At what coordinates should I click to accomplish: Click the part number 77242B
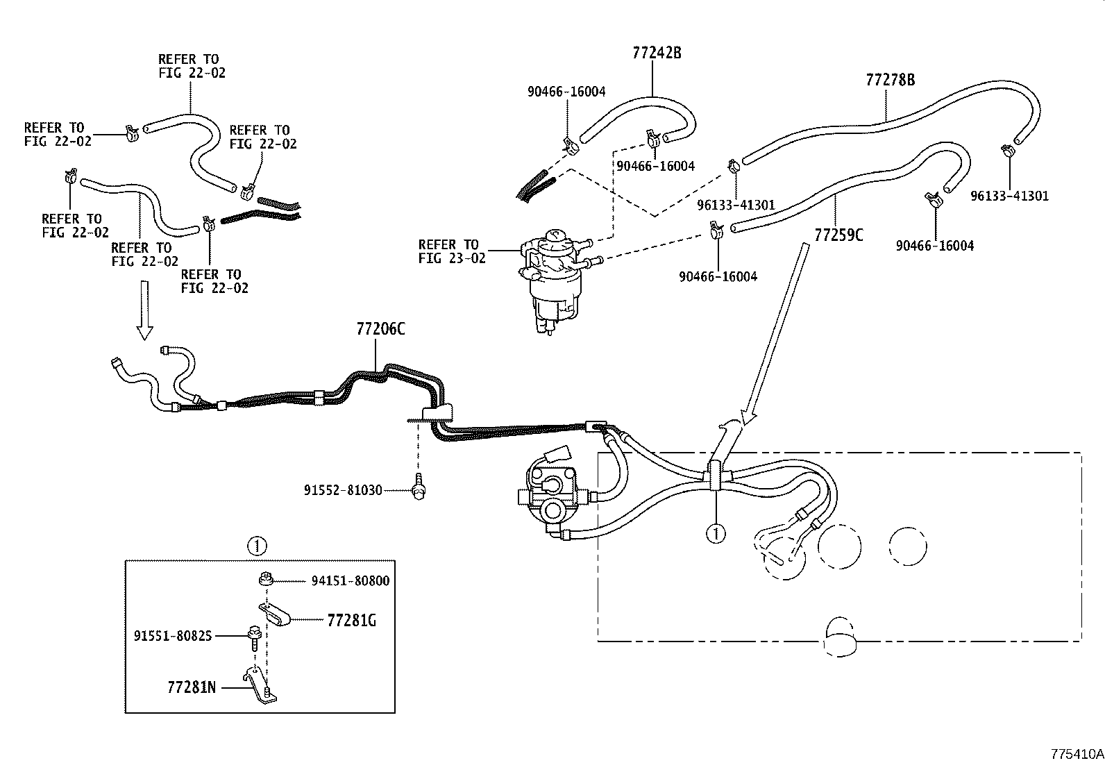(x=656, y=53)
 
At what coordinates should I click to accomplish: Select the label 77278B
(x=890, y=80)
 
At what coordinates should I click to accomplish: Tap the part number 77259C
(x=838, y=235)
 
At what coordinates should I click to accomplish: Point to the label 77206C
(x=380, y=329)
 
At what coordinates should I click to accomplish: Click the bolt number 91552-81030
(x=342, y=490)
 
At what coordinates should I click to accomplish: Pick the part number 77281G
(x=351, y=621)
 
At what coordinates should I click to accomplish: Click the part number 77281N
(x=192, y=688)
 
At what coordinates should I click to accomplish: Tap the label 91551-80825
(x=173, y=635)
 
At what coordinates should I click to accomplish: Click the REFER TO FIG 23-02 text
(x=448, y=251)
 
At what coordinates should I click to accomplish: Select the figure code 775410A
(x=1077, y=754)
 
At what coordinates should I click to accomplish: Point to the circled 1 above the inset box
(x=257, y=546)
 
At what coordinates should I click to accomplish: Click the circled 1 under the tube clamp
(x=716, y=533)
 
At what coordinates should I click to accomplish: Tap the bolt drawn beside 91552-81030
(x=418, y=485)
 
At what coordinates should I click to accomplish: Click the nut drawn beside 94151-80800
(x=264, y=578)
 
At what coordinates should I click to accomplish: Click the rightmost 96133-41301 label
(x=1009, y=196)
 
